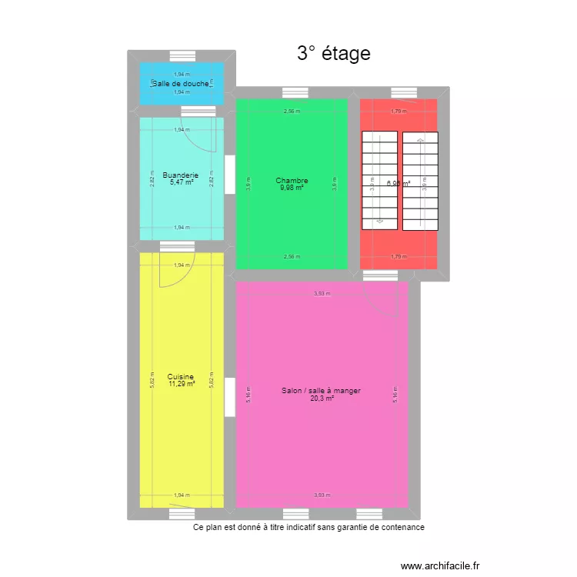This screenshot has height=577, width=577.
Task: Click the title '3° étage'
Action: point(333,53)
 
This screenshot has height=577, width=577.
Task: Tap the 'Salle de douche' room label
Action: point(182,83)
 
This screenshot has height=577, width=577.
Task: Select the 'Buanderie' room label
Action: point(180,175)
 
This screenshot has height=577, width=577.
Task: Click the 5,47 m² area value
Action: point(182,183)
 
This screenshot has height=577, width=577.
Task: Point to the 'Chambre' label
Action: point(292,181)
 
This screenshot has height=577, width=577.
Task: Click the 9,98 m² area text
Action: point(292,188)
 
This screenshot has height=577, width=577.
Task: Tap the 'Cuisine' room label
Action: point(181,377)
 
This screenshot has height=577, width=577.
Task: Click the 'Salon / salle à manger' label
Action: point(321,391)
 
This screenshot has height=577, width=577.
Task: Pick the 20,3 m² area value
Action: point(322,399)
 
